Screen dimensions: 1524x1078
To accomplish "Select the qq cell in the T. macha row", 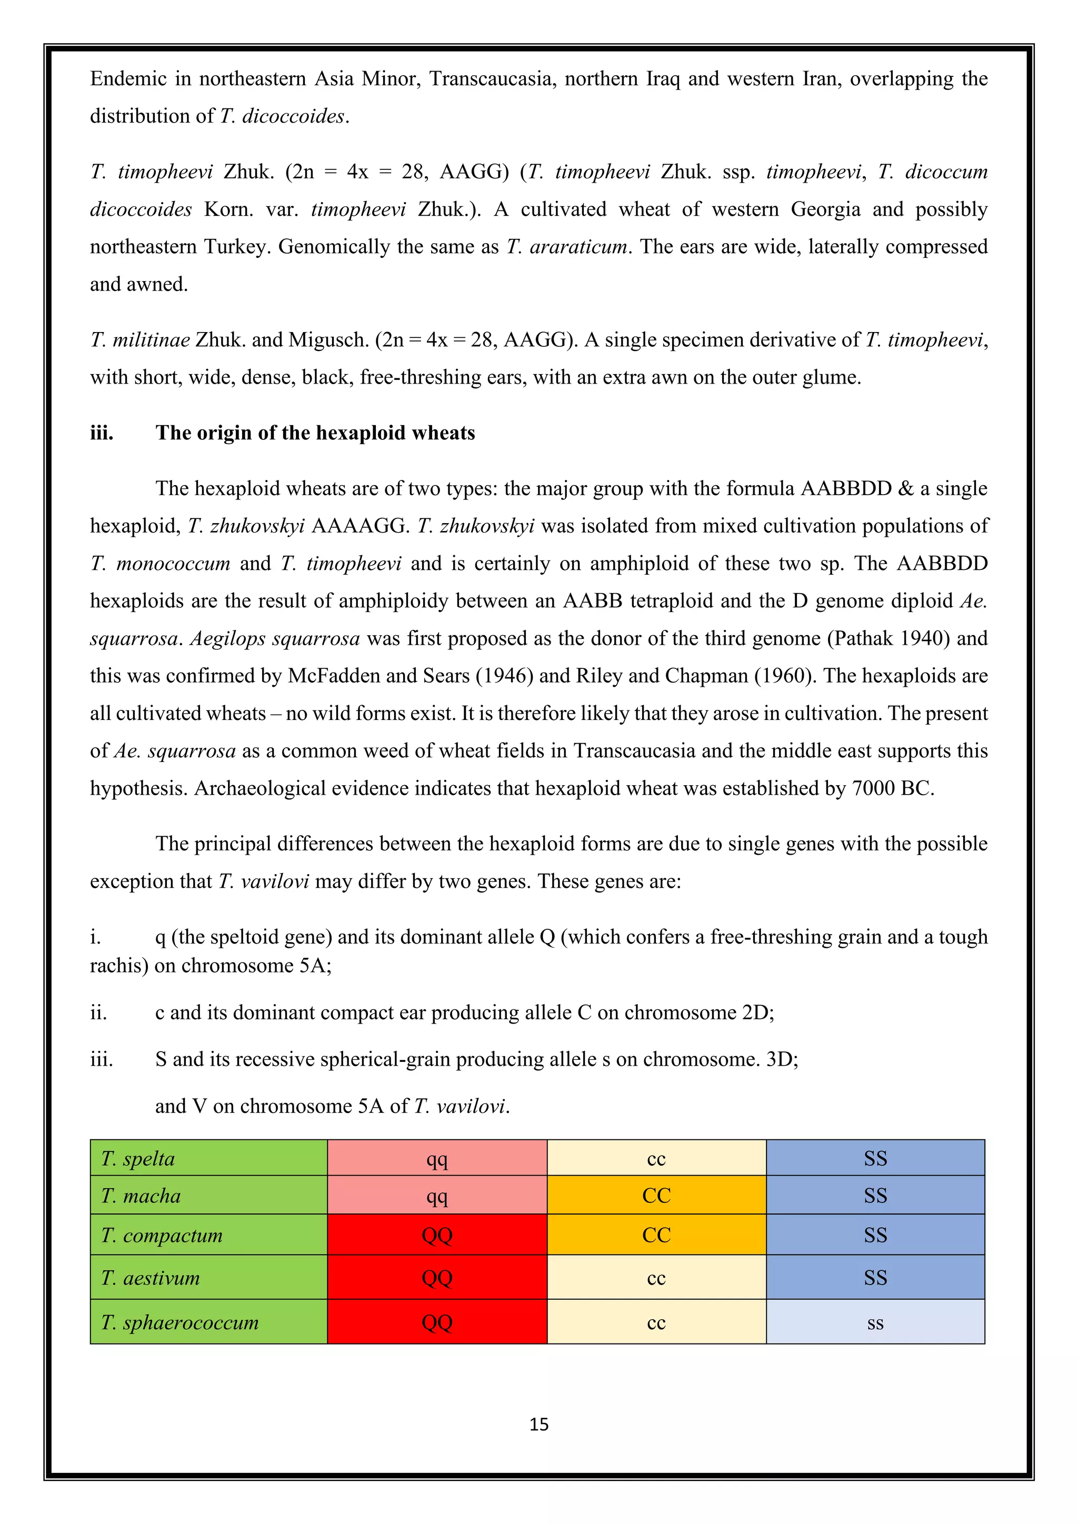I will click(437, 1196).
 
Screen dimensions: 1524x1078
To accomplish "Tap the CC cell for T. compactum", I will click(656, 1235).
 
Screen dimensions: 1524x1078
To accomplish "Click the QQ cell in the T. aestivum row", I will click(437, 1278).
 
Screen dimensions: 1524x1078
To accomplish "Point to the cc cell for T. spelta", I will click(656, 1158).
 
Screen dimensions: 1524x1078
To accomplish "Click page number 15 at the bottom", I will click(538, 1424).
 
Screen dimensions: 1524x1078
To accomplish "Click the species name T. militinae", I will click(140, 340).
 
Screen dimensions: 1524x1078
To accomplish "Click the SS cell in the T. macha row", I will click(875, 1196).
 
